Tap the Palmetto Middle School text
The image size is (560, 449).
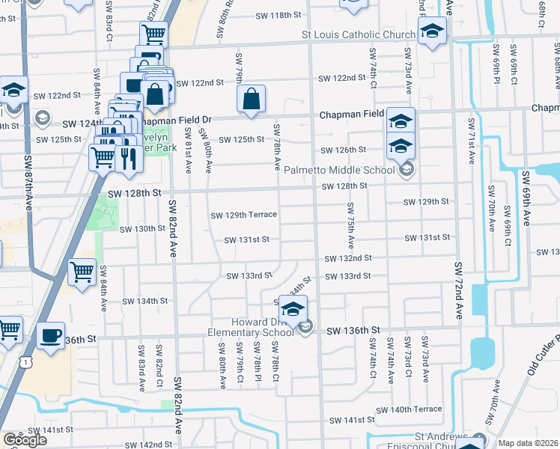[338, 170]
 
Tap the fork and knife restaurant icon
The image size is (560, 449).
[128, 159]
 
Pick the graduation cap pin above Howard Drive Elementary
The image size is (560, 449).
[293, 308]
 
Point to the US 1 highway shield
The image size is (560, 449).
[26, 361]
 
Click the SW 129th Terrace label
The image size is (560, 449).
[243, 215]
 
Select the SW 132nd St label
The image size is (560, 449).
[348, 258]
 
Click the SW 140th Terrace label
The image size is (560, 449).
[409, 409]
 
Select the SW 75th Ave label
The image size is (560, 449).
[350, 225]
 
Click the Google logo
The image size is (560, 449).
[25, 440]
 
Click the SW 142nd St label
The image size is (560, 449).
[146, 445]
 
